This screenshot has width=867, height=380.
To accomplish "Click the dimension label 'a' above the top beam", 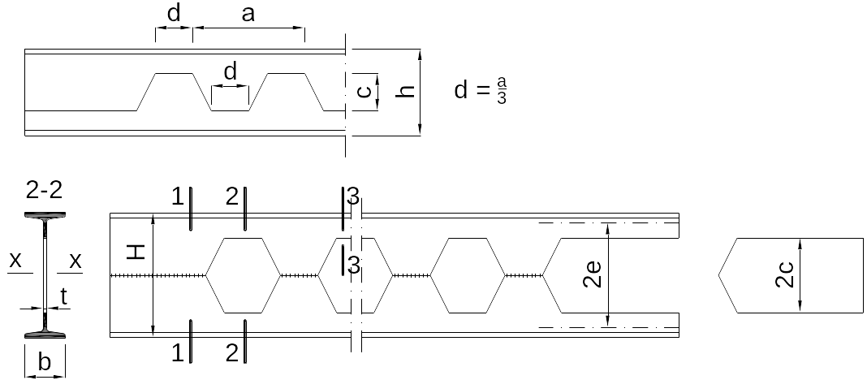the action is [248, 14].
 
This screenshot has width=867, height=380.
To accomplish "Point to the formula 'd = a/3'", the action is [480, 90].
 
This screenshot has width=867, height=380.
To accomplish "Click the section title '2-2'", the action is [44, 190].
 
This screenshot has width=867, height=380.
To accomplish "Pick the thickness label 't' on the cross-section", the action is [63, 297].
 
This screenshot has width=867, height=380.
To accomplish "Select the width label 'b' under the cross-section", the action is [44, 362].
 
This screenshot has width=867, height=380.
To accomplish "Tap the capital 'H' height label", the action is [136, 253].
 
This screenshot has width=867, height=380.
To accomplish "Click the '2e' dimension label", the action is [592, 274].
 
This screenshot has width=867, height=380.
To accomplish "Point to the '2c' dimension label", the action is [785, 275].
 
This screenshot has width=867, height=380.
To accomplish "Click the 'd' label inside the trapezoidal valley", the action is [230, 71].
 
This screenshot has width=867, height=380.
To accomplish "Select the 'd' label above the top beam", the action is [174, 13].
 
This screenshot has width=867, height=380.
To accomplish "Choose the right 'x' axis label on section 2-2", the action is [75, 260].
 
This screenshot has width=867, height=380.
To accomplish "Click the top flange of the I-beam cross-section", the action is [45, 214].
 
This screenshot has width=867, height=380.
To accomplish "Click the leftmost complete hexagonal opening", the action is [244, 275].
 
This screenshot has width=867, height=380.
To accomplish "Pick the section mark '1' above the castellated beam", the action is [177, 196].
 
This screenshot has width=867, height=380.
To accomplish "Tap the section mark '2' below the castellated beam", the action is [232, 352].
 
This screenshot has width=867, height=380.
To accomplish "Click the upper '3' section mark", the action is [353, 196].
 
